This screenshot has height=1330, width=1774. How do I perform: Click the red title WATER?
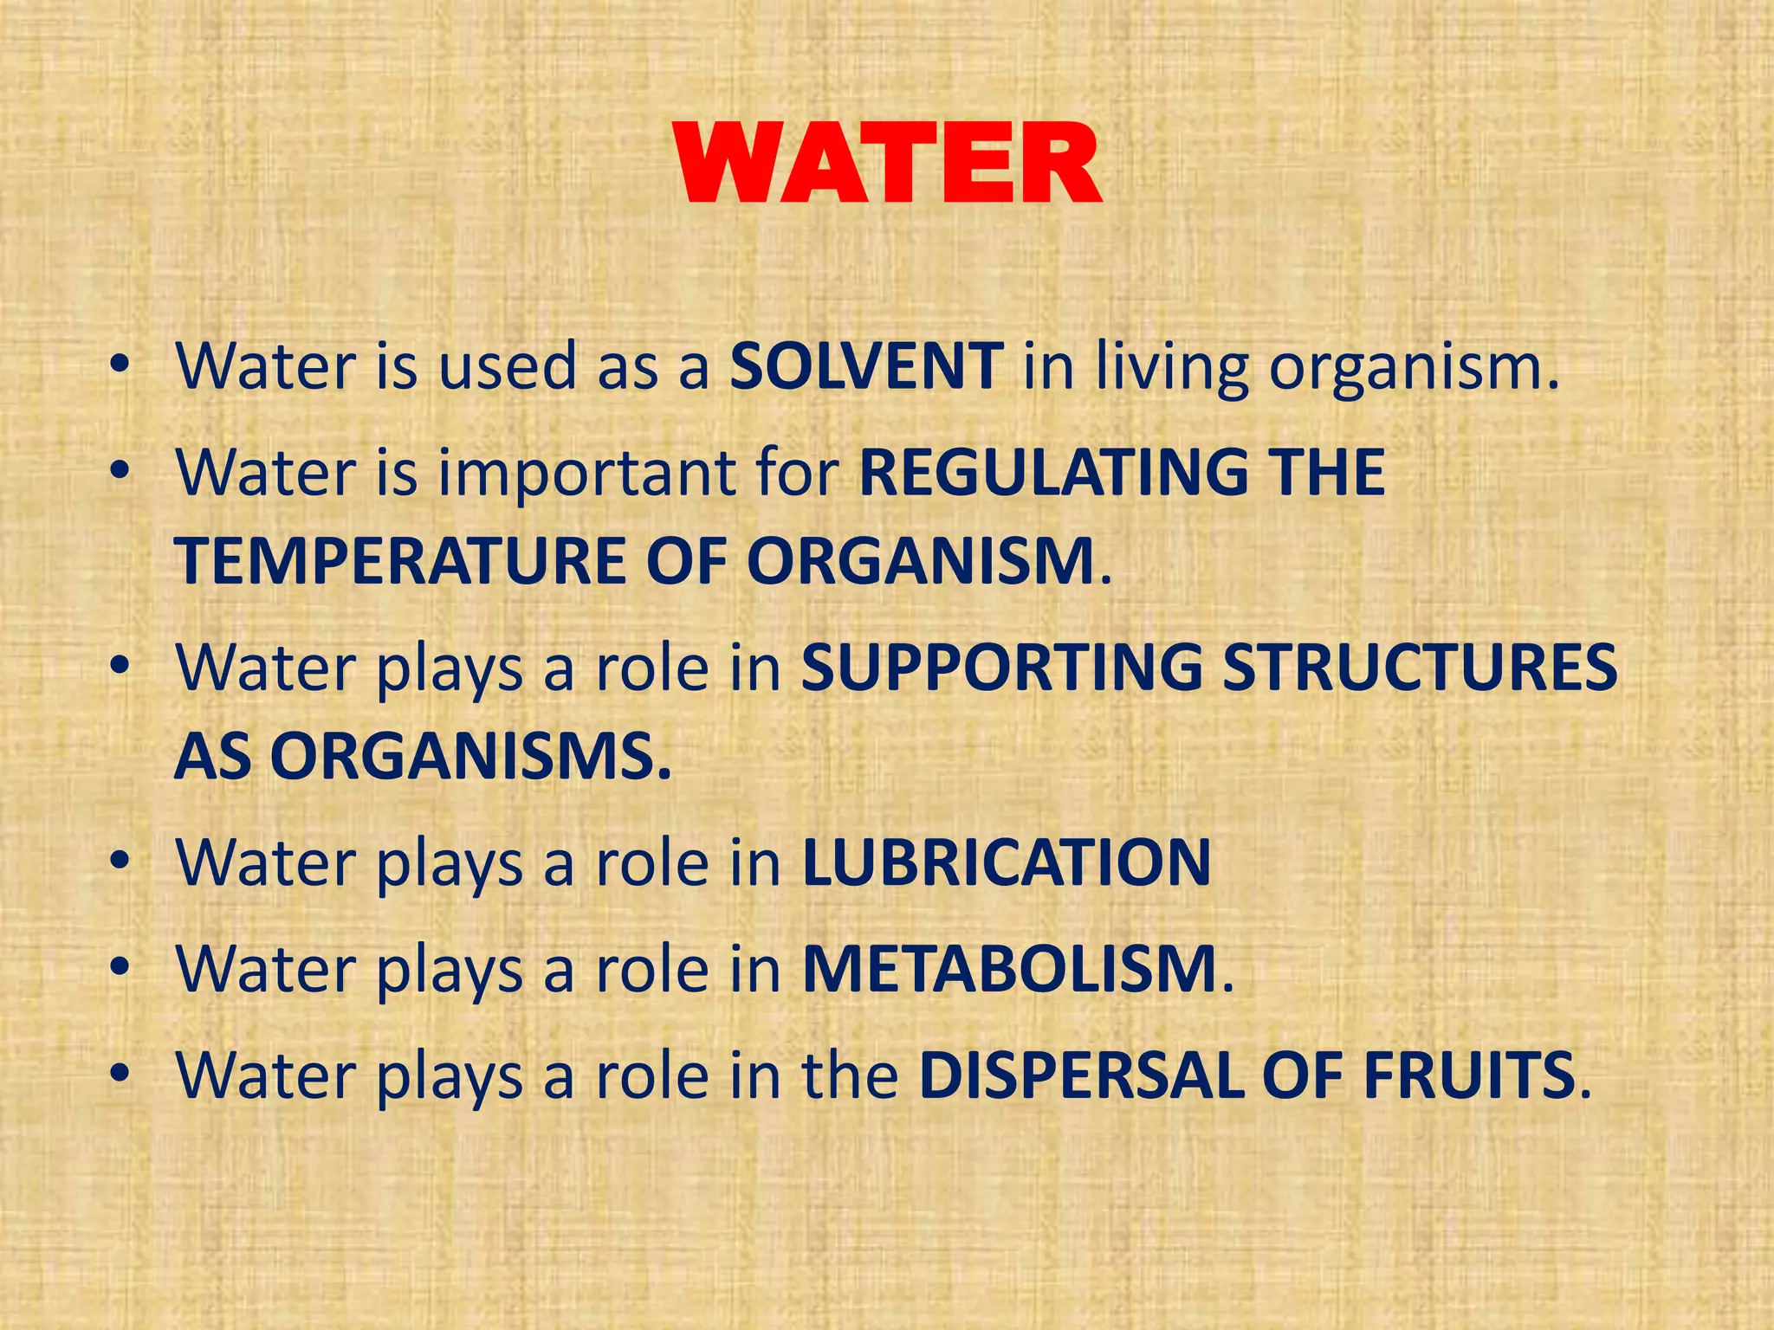coord(888,165)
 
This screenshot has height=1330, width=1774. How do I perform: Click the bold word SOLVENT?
coord(866,366)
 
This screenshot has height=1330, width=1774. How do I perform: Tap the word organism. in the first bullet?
coord(1414,368)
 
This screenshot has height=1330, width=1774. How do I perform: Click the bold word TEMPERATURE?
coord(398,561)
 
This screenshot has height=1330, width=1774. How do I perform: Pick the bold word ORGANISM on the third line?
coord(920,561)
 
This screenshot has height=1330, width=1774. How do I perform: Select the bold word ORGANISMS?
coord(470,756)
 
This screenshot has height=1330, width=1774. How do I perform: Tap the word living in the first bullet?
coord(1172,368)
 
